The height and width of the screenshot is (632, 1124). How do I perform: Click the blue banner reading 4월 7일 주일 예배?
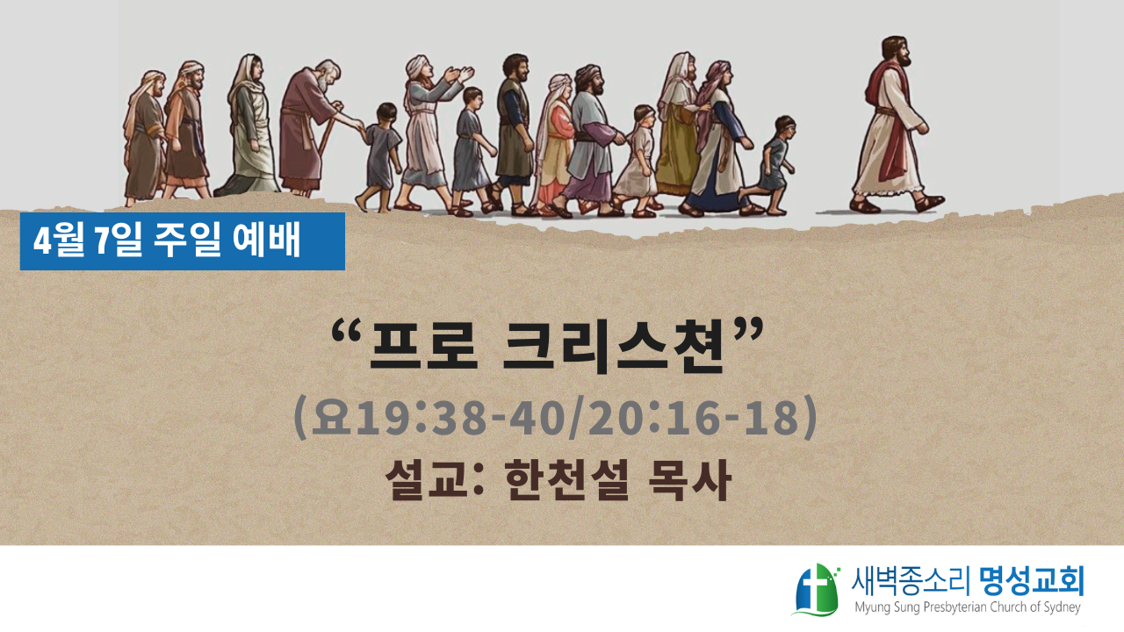click(x=182, y=241)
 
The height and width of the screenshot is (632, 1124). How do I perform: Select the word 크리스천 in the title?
click(x=614, y=347)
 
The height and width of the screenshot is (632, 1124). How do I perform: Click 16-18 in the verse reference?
click(x=729, y=417)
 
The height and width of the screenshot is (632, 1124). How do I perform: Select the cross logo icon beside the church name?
click(x=817, y=589)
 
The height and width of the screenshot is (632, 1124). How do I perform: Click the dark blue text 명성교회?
click(x=1031, y=582)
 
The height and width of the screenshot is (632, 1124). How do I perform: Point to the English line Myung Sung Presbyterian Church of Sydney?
click(x=968, y=607)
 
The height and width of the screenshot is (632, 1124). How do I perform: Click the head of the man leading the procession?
click(x=897, y=52)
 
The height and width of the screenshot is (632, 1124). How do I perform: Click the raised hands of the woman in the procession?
click(x=459, y=75)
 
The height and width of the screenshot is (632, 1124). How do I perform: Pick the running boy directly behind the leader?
click(x=769, y=164)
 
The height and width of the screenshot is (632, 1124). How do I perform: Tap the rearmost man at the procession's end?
click(x=145, y=137)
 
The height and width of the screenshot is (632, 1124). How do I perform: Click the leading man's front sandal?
click(x=929, y=203)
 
